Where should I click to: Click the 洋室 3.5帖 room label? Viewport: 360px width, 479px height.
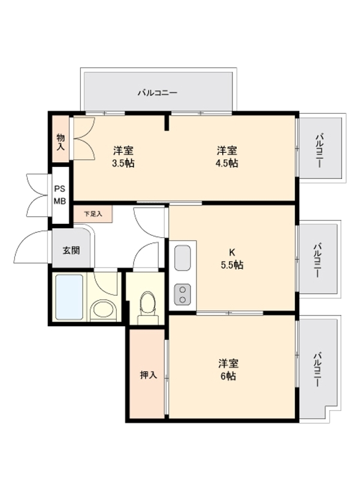(122, 157)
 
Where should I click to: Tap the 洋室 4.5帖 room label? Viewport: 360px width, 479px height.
(227, 157)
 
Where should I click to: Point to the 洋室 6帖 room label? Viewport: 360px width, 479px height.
(227, 369)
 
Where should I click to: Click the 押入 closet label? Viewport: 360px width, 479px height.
(148, 375)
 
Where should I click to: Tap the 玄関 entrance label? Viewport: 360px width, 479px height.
(71, 250)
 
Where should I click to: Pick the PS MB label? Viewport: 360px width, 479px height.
(60, 195)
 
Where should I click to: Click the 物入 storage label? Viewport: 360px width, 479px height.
(60, 142)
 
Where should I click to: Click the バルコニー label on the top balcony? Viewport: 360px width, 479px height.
(157, 93)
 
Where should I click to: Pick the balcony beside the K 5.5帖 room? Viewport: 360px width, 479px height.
(320, 259)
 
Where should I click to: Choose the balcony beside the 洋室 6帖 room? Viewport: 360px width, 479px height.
(320, 368)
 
